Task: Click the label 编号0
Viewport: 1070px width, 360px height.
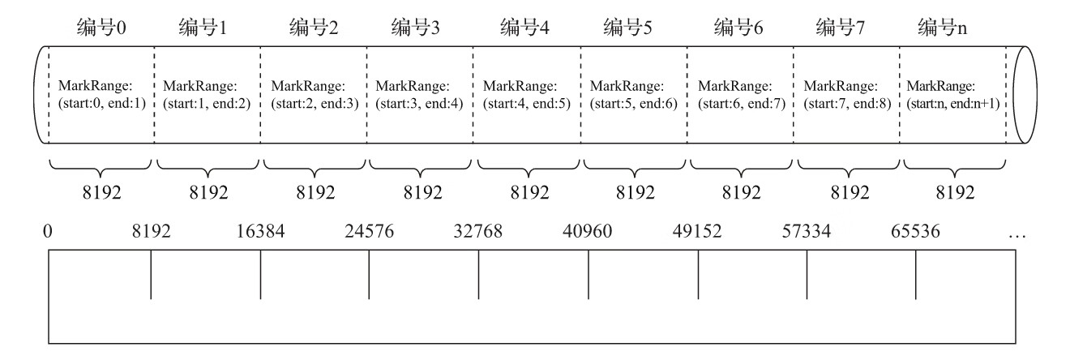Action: pos(100,28)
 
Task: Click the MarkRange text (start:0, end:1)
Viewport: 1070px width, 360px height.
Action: pos(101,104)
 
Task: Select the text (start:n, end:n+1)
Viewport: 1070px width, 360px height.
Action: pos(953,104)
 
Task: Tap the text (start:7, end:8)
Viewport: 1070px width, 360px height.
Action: pos(848,104)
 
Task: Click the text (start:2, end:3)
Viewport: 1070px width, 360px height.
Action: pos(315,104)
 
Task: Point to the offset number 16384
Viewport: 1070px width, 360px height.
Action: pos(260,231)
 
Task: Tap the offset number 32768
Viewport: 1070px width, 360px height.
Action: pos(477,231)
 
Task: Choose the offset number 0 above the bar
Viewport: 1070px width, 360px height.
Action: pos(49,231)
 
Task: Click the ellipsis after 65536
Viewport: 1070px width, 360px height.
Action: pos(1016,233)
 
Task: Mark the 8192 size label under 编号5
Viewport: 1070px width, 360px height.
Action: pos(635,192)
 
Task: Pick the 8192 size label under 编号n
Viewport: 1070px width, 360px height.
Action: pos(955,192)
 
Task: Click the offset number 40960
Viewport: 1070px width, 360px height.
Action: pos(587,231)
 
